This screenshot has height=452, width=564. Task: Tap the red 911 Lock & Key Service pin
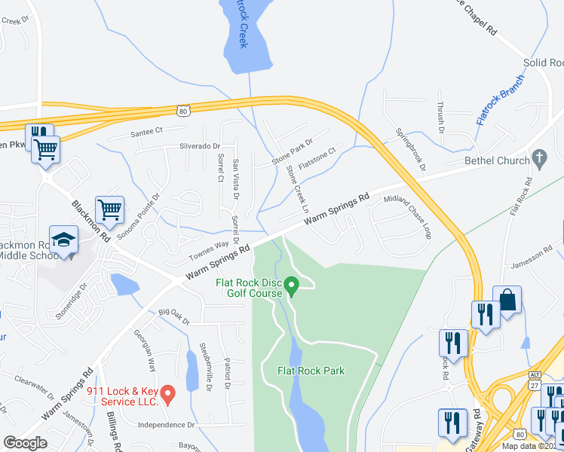coord(169,393)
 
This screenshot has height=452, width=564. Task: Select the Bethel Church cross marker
coord(538,158)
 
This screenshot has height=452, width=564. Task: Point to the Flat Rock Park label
coord(311,371)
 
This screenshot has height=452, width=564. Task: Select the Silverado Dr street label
coord(198,146)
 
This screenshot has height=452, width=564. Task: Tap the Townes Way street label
coord(209,245)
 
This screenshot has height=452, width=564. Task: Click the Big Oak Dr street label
coord(174,316)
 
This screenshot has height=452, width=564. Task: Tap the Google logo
coord(26,442)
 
